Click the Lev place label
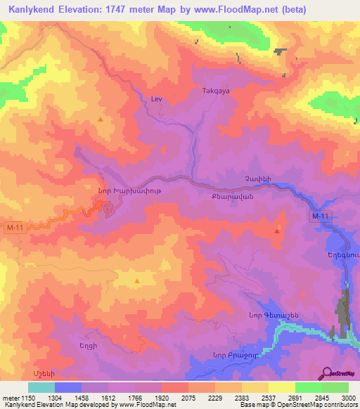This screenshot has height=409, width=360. pos(156,99)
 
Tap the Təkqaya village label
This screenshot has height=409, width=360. pos(215,91)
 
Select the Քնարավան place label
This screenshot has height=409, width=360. pos(228,198)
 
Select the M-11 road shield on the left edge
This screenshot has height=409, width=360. pos(15,228)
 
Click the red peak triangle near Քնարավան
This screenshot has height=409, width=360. pos(277,230)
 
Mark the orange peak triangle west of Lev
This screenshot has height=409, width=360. pos(101,119)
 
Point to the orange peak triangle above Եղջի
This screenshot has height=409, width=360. pos(136,282)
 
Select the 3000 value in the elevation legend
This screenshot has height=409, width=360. pos(347,397)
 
